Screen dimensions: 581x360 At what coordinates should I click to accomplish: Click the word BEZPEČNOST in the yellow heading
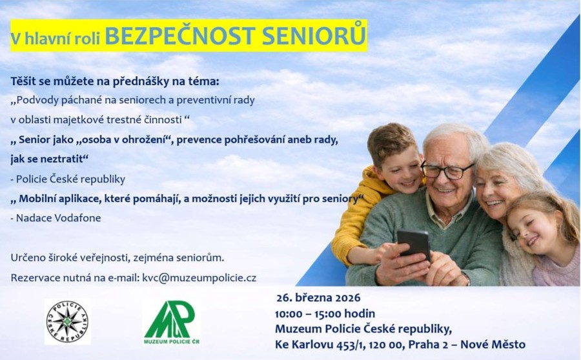[x=180, y=36]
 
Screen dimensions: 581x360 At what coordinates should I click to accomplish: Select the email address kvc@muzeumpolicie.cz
[x=199, y=278]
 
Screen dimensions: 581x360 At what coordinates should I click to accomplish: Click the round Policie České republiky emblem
[x=67, y=322]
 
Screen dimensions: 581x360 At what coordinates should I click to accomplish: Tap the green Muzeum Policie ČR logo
[x=172, y=322]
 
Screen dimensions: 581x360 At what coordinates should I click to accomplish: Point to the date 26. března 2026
[x=318, y=298]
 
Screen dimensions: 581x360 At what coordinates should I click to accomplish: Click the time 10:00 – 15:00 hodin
[x=325, y=314]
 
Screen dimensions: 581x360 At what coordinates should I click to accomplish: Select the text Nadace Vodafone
[x=59, y=218]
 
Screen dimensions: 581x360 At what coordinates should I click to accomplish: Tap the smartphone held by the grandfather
[x=414, y=244]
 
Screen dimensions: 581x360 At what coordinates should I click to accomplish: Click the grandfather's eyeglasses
[x=447, y=171]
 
